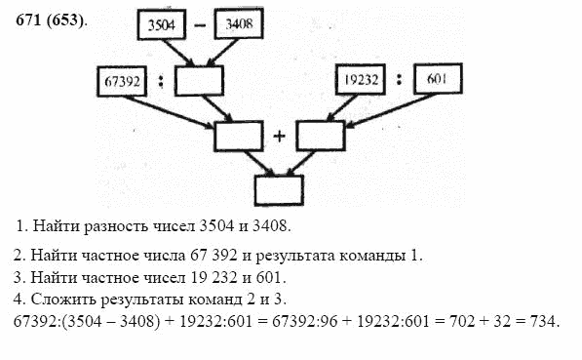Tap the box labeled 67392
click(123, 81)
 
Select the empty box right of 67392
click(200, 81)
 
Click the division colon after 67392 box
click(161, 82)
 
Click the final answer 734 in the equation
click(549, 321)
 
